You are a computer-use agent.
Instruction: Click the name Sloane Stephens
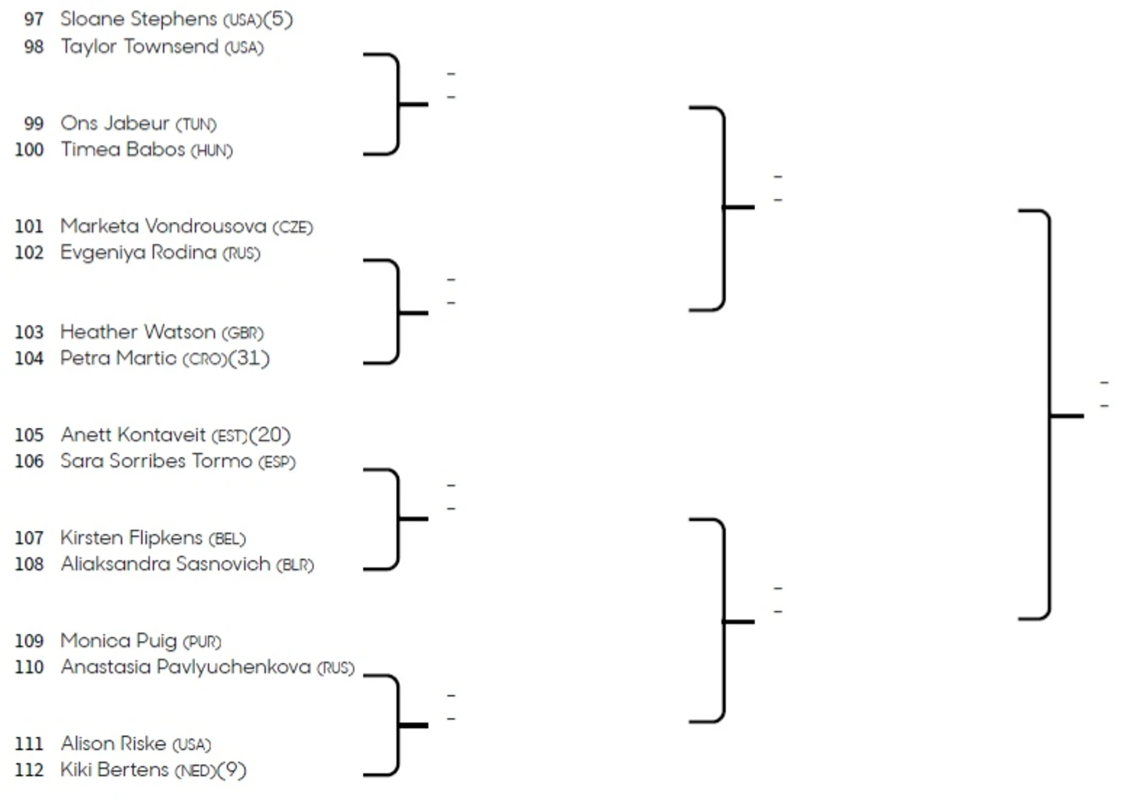pos(138,19)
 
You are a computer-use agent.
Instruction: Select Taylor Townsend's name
pos(140,47)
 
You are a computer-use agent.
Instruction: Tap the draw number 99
pos(34,124)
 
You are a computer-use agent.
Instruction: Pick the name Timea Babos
pos(122,150)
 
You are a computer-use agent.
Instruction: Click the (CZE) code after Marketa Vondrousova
pos(293,228)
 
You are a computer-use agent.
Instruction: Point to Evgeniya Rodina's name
pos(138,253)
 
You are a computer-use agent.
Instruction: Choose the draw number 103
pos(29,332)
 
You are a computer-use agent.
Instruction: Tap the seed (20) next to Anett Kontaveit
pos(270,434)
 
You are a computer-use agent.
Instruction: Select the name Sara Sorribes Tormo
pos(156,462)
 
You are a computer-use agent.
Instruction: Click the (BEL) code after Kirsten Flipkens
pos(227,539)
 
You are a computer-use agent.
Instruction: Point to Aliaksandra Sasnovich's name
pos(165,564)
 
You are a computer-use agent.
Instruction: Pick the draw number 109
pos(29,641)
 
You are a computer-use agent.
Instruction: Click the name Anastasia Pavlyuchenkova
pos(186,667)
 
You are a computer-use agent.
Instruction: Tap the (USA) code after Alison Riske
pos(192,745)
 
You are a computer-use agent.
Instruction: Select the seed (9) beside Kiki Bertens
pos(232,770)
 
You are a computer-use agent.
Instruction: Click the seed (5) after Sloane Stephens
pos(279,19)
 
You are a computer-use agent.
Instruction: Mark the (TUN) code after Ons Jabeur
pos(196,125)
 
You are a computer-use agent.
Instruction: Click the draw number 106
pos(29,462)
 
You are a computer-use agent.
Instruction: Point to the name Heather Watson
pos(137,332)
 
